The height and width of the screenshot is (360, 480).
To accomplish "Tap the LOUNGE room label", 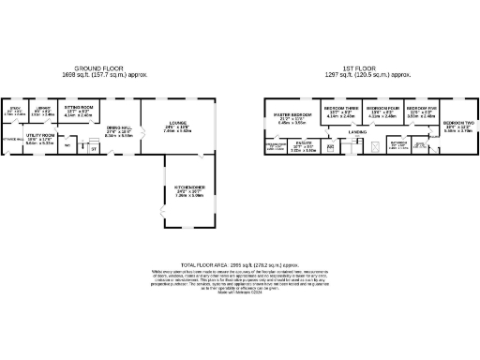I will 176,122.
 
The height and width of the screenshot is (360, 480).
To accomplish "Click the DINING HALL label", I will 119,127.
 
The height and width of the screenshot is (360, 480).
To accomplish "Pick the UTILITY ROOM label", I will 39,135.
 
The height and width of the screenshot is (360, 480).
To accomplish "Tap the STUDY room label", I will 15,109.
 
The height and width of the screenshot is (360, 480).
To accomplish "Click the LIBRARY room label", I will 42,109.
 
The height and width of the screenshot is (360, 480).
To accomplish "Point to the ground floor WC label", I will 67,144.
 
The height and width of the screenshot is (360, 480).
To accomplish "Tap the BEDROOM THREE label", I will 338,109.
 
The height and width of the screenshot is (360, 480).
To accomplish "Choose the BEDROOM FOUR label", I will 382,109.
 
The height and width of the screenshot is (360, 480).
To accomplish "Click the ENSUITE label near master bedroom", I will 303,143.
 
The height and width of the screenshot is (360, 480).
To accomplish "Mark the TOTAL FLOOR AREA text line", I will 238,264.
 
